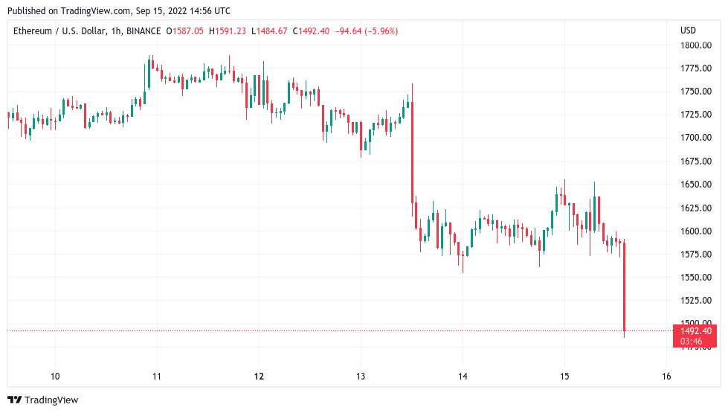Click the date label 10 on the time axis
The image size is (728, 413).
55,376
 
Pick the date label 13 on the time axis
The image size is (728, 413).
360,376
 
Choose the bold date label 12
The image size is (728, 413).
259,376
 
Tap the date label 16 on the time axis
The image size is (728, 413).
666,376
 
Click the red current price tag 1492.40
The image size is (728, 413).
696,331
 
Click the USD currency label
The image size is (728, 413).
688,31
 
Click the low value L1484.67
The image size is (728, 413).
271,31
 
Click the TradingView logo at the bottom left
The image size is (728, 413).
42,400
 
